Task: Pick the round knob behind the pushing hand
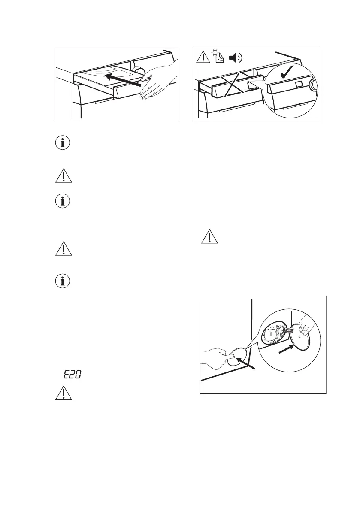click(x=138, y=71)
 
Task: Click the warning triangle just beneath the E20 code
click(x=64, y=394)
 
